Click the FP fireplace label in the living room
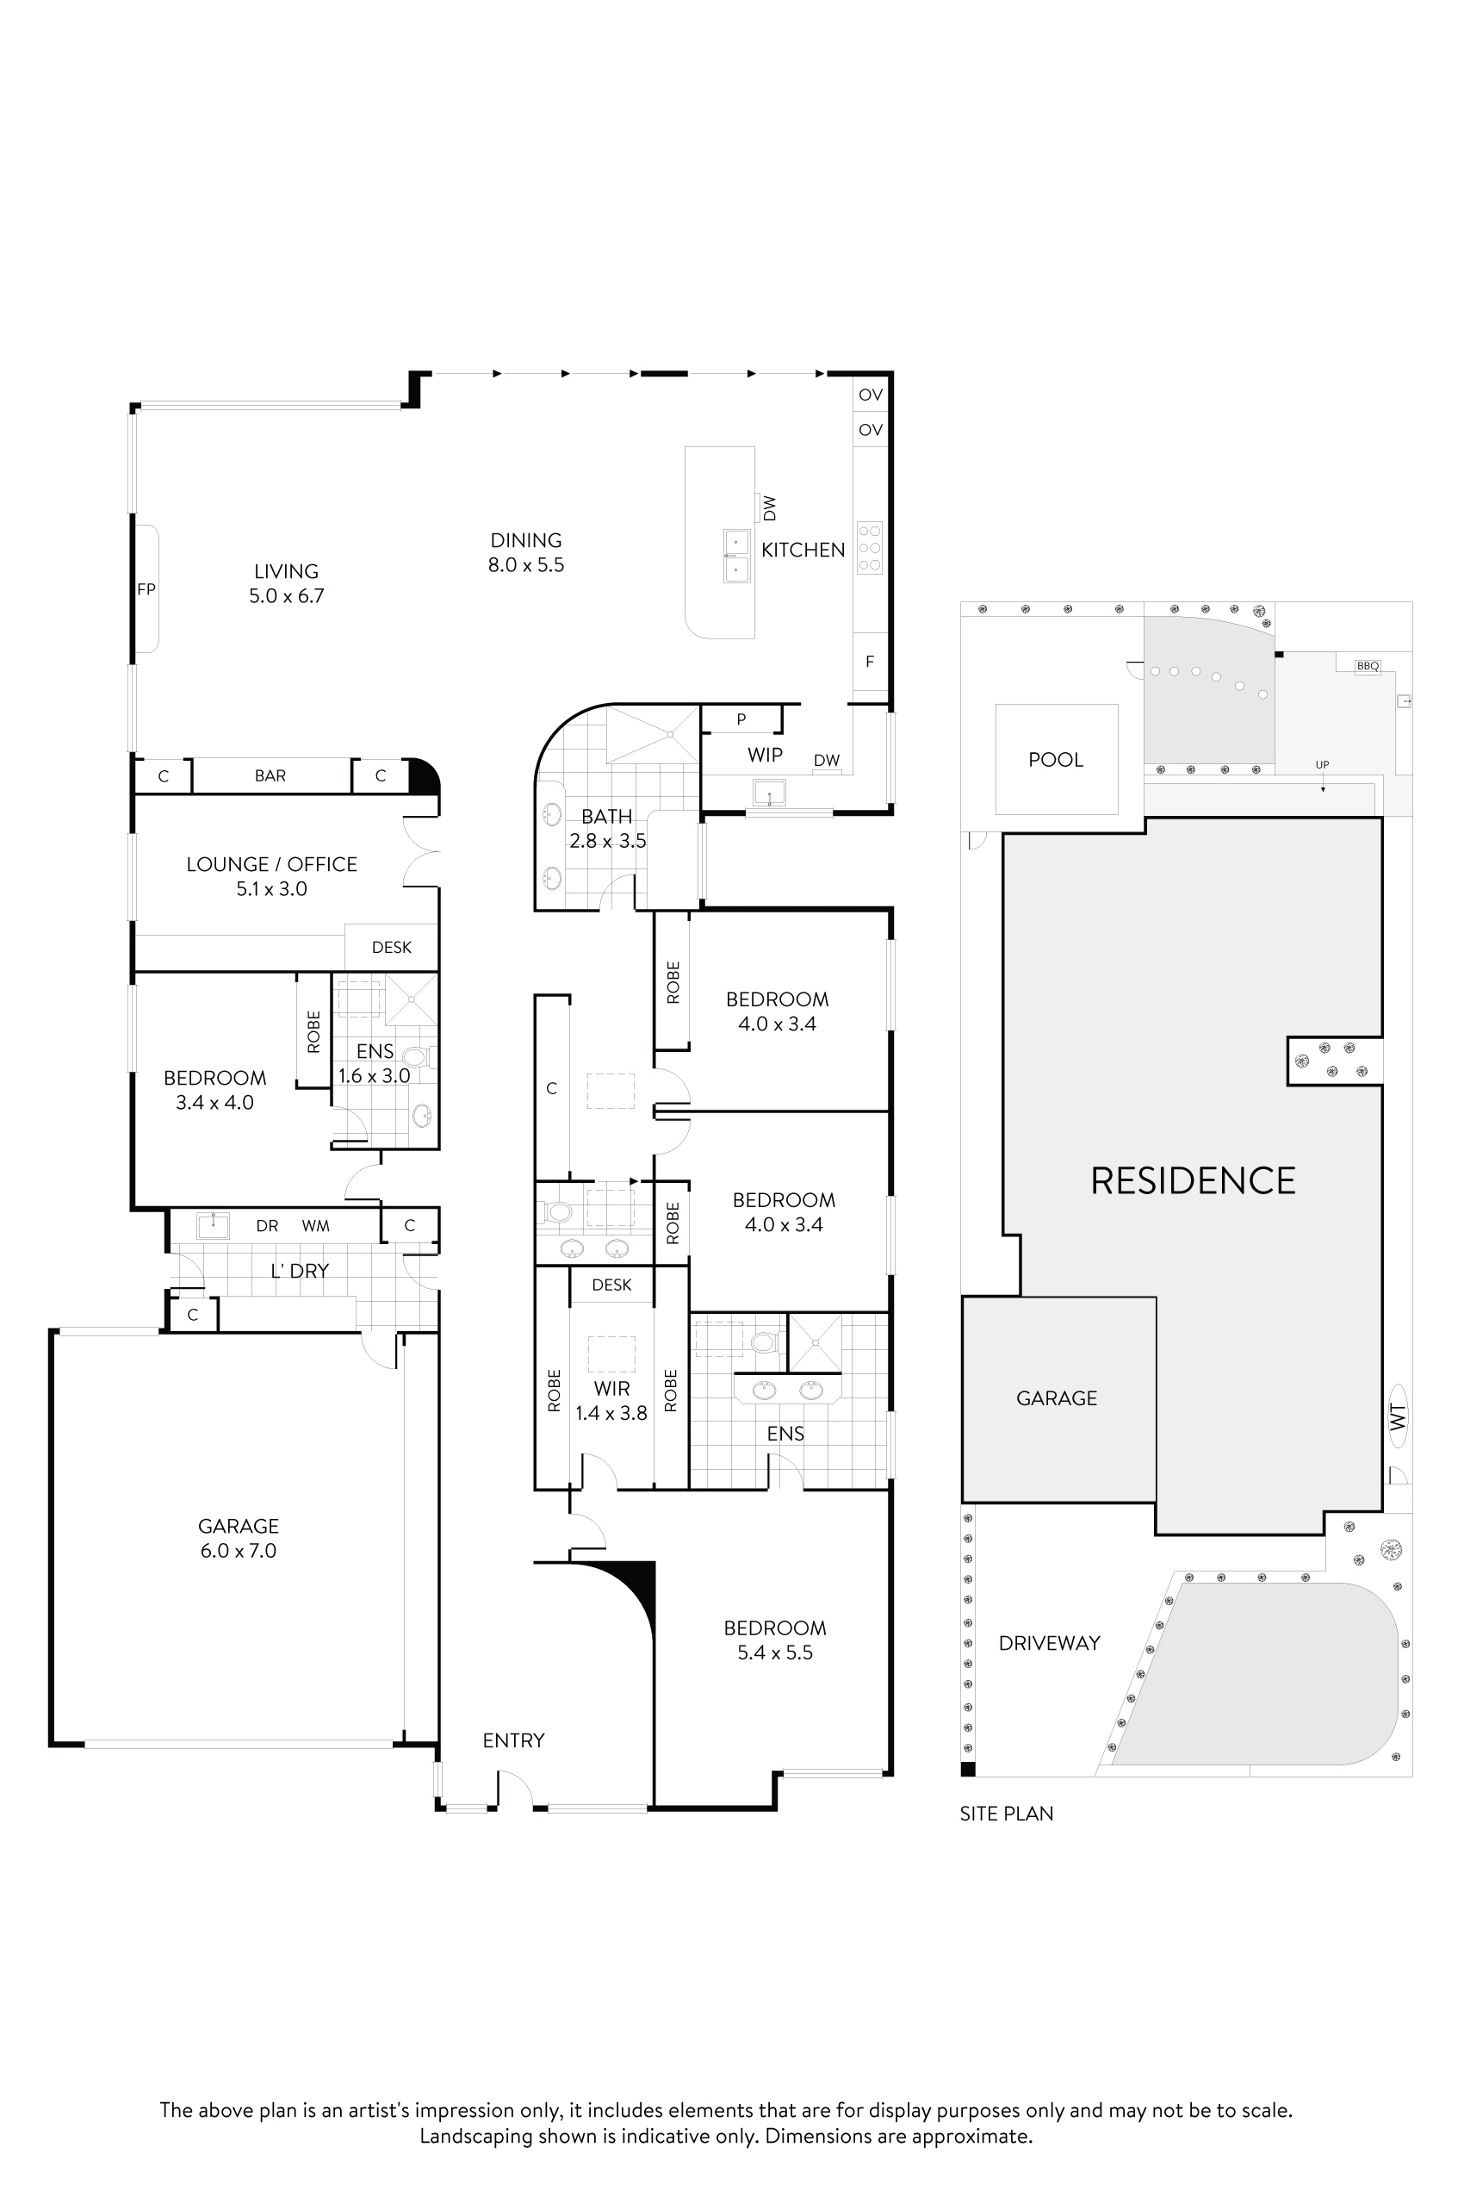click(x=146, y=589)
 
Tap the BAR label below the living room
click(x=270, y=775)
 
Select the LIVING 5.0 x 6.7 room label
click(x=286, y=583)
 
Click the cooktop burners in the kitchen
click(x=869, y=547)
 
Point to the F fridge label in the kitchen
click(x=869, y=662)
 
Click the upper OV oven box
click(x=870, y=395)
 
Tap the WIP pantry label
click(x=765, y=755)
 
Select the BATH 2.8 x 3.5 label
click(x=607, y=829)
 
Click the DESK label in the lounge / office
click(x=391, y=947)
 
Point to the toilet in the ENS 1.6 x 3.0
click(x=414, y=1057)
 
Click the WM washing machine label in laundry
click(x=315, y=1225)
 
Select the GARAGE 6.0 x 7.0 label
click(x=238, y=1538)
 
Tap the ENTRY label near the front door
click(x=513, y=1740)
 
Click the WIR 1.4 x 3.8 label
click(x=611, y=1401)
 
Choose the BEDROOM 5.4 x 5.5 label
click(x=775, y=1640)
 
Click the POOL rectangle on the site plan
click(x=1056, y=759)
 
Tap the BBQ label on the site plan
click(x=1368, y=666)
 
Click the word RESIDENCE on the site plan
click(x=1194, y=1180)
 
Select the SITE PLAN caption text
click(x=1007, y=1813)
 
